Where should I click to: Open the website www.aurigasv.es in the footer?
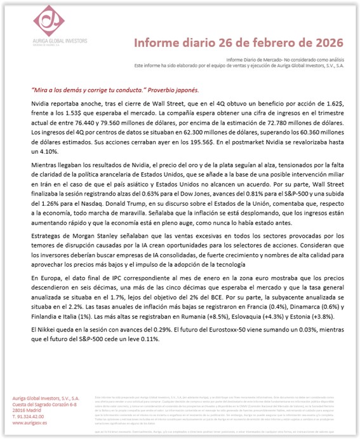click(29, 421)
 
